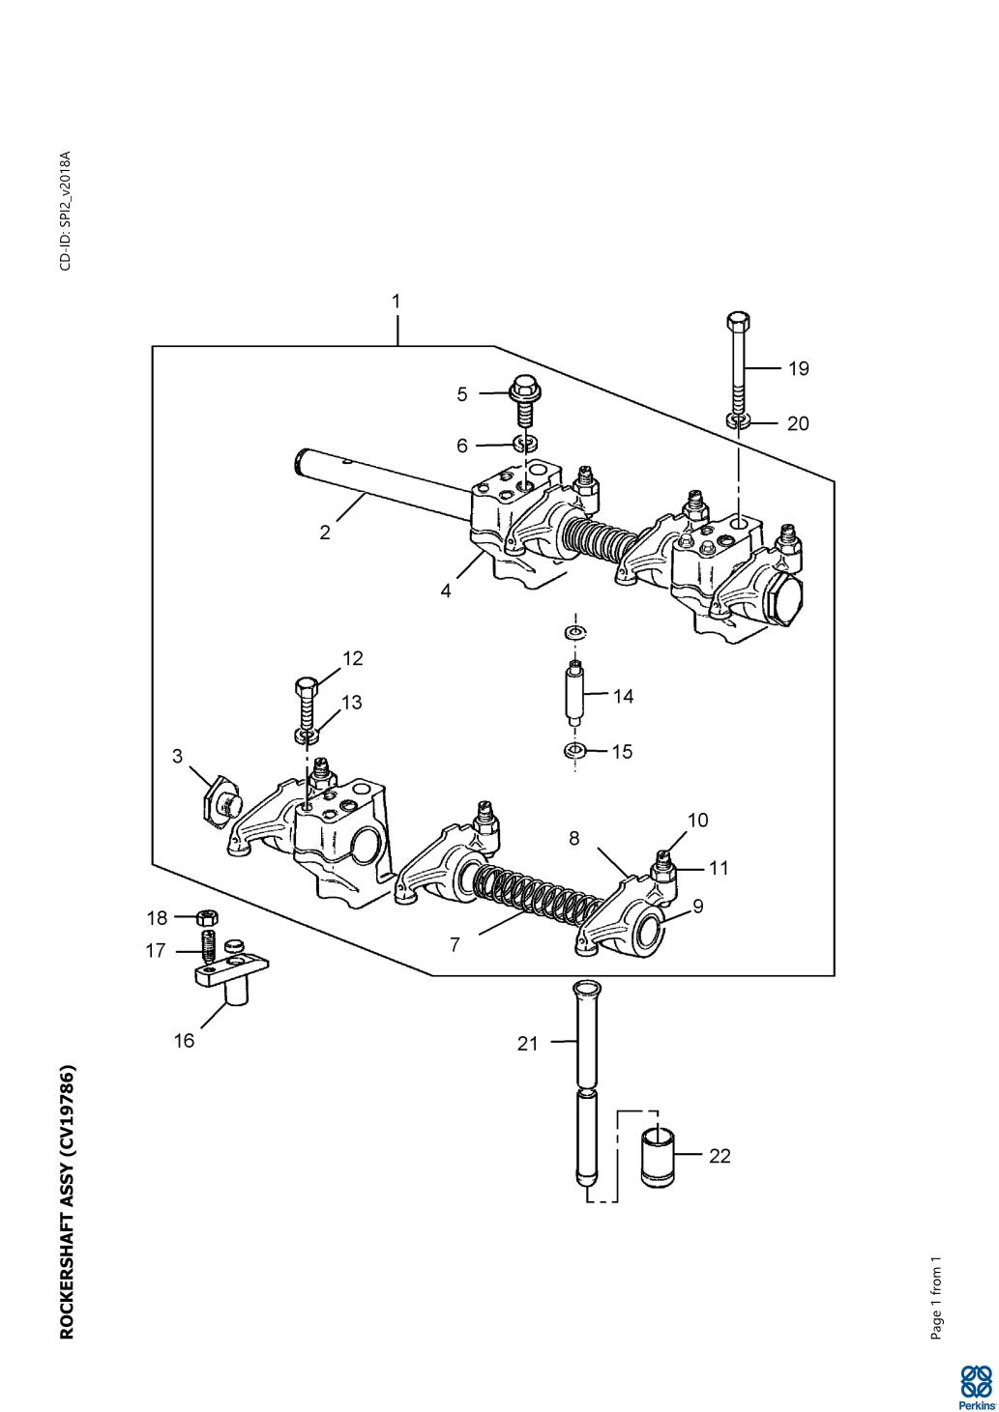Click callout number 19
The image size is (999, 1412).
799,368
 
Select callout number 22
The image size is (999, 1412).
720,1156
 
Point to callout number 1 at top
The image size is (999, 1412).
396,302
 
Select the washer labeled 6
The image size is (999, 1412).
525,444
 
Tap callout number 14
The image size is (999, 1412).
623,697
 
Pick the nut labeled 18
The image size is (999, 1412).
208,915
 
